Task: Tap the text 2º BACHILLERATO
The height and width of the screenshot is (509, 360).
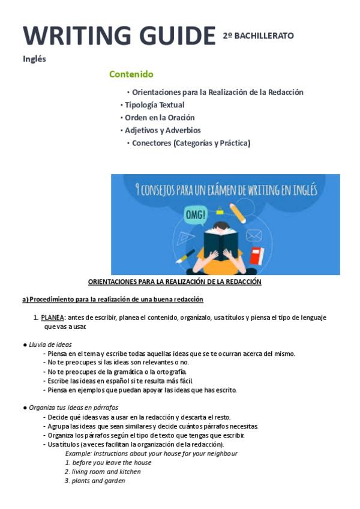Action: coord(258,35)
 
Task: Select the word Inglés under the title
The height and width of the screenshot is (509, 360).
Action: coord(34,59)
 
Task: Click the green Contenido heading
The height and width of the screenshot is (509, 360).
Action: coord(131,74)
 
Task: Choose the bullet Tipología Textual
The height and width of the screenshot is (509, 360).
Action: coord(154,105)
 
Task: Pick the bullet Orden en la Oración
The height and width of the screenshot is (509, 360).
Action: coord(160,118)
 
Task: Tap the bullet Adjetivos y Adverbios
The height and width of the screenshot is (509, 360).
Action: coord(163,130)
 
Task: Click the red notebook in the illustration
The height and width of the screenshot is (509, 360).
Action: coord(257,256)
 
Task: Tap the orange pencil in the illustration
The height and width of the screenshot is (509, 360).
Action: coord(238,212)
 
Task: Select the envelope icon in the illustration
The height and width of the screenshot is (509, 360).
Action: coord(254,235)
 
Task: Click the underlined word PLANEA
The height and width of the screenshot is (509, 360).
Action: coord(52,318)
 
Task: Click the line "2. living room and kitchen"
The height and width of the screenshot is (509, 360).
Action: coord(103,472)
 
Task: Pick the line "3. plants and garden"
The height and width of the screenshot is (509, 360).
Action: coord(95,481)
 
